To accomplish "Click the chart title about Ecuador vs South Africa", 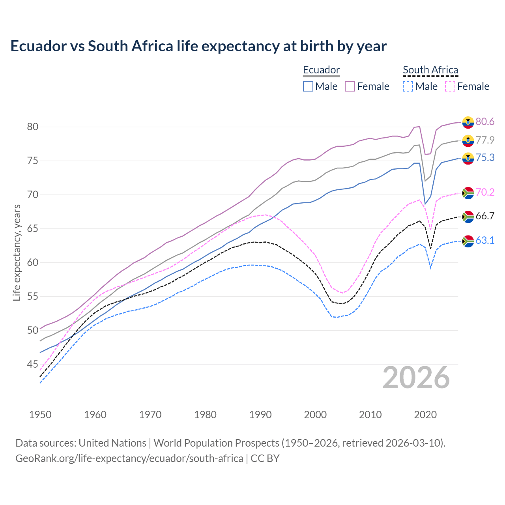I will coord(198,46).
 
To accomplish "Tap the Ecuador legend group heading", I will coord(321,70).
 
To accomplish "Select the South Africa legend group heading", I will coord(430,70).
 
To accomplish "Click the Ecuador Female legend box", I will coord(350,86).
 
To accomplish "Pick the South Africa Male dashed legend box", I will coord(408,86).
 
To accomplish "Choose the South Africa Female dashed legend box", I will coord(450,86).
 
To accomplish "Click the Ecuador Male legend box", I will coord(308,86).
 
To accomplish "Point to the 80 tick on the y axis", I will coord(32,127).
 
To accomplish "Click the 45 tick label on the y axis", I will coord(32,364).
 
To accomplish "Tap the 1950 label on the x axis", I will coord(40,415).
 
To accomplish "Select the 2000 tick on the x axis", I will coord(315,415).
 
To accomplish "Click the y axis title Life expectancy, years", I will coord(17,252).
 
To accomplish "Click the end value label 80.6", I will coord(485,122).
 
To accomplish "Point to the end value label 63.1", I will coord(485,240).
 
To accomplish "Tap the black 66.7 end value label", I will coord(485,216).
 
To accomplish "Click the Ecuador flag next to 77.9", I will coord(468,140).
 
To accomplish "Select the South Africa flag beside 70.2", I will coord(468,193).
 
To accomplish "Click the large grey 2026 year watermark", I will coord(416,378).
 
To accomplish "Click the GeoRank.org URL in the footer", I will coord(129,458).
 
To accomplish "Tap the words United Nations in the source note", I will coord(112,443).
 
